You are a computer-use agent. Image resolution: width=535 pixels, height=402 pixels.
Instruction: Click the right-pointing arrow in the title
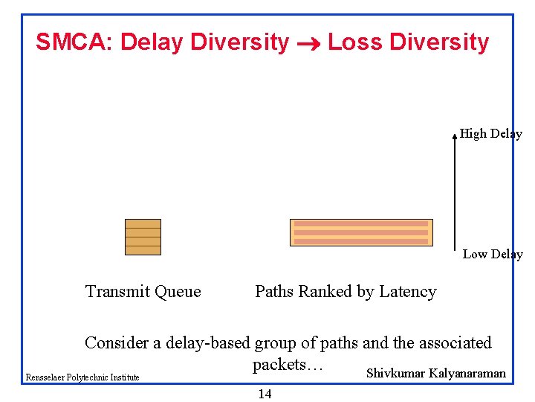click(x=308, y=44)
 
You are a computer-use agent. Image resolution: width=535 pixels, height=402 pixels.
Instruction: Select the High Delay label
click(x=490, y=134)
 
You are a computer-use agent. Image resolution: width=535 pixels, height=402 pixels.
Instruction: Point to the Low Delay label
click(x=493, y=255)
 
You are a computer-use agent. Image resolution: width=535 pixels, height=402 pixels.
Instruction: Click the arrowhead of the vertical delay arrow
click(x=455, y=136)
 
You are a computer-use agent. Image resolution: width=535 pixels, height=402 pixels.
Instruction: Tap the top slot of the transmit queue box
click(x=143, y=223)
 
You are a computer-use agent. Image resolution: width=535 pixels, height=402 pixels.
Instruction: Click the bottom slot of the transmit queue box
click(x=143, y=250)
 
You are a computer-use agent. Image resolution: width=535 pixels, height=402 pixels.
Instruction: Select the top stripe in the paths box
click(x=361, y=223)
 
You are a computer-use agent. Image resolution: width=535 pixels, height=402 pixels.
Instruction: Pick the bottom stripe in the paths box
click(x=361, y=241)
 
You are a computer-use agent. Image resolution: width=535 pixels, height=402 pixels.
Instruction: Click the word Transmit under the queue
click(x=116, y=292)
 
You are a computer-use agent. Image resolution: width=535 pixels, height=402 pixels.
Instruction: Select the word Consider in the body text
click(x=116, y=343)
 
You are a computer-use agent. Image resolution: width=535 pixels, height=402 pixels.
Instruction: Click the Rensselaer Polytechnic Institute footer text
click(x=82, y=377)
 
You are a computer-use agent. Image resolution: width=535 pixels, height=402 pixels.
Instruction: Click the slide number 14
click(x=265, y=395)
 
